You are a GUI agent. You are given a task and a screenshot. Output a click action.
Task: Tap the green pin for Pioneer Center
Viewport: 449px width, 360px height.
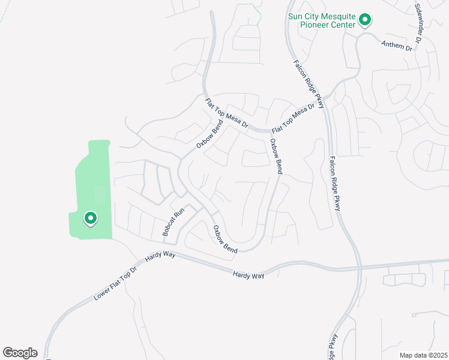click(364, 20)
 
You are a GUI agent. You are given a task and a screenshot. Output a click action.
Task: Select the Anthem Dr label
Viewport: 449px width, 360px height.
click(398, 44)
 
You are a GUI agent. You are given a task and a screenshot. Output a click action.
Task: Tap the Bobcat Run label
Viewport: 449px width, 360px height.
click(172, 222)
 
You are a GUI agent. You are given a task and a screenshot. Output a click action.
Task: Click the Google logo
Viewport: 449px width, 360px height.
click(20, 353)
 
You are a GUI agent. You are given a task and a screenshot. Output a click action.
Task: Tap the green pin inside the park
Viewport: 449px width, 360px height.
click(90, 218)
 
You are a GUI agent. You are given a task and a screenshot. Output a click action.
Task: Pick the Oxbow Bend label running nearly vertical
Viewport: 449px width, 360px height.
click(276, 156)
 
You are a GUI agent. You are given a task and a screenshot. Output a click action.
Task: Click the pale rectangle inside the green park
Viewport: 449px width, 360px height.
click(100, 194)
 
